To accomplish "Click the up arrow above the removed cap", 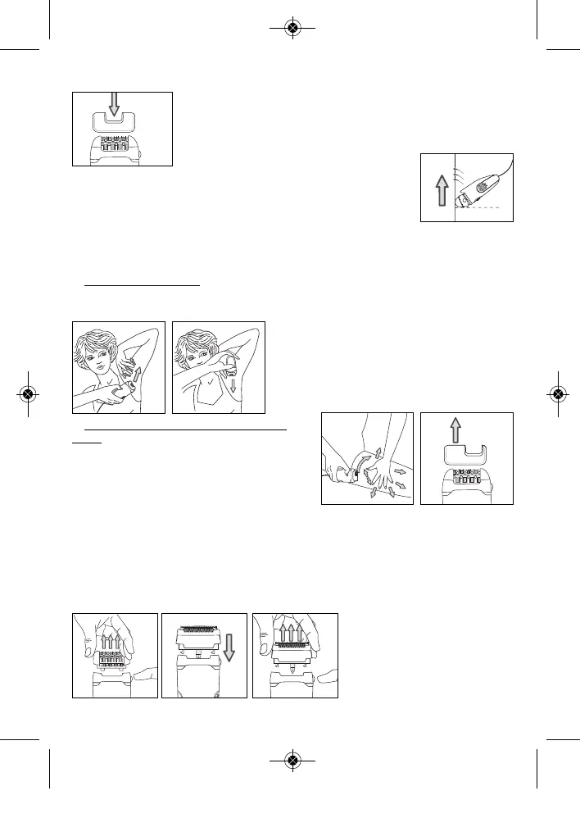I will coord(466,429).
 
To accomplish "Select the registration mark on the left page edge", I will coord(27,393).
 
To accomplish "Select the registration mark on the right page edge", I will coord(557,393).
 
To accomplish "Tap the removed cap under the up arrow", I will coord(466,456).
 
